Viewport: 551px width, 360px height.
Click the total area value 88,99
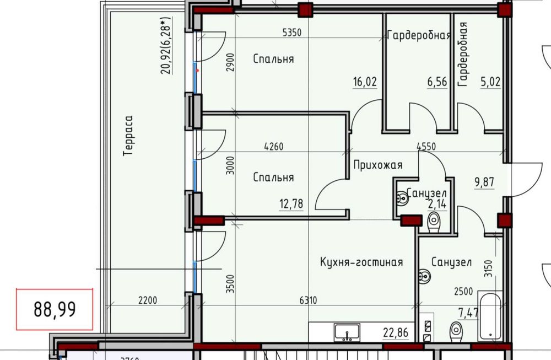[x=55, y=309]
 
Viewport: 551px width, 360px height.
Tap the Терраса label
[x=128, y=136]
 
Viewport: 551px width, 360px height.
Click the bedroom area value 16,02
[x=365, y=82]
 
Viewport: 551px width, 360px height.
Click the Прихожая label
[x=378, y=165]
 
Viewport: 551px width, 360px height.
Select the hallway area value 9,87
[x=485, y=183]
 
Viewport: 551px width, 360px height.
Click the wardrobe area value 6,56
[x=436, y=82]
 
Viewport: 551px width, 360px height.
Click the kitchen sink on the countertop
[x=347, y=332]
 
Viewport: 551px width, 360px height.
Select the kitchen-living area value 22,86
[x=397, y=332]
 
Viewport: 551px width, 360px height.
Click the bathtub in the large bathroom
[x=489, y=316]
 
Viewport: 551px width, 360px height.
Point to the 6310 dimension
[x=308, y=300]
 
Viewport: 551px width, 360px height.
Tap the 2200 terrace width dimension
[x=148, y=300]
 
